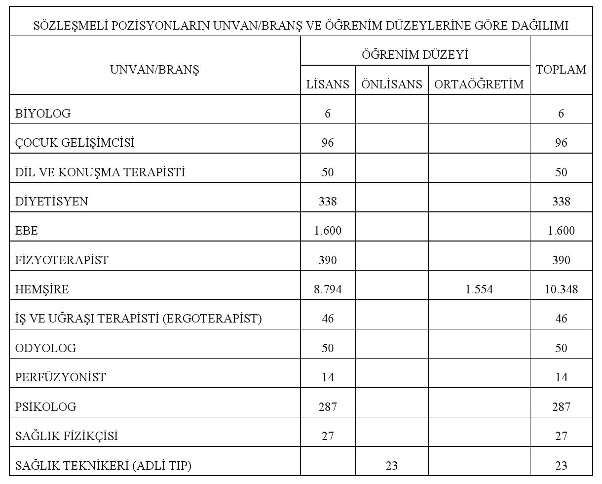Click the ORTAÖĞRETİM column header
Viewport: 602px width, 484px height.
point(479,84)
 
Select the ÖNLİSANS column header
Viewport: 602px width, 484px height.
point(392,84)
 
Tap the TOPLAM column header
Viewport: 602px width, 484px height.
point(561,70)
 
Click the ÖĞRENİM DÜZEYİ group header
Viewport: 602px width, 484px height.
point(415,54)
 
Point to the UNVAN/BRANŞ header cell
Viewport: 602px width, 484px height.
point(154,70)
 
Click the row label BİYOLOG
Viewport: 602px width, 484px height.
point(43,114)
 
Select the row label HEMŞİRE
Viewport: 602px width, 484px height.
point(42,289)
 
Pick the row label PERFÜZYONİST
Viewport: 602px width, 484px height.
point(60,377)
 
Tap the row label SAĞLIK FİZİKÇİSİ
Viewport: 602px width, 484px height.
point(67,436)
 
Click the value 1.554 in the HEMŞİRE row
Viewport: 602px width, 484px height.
point(479,289)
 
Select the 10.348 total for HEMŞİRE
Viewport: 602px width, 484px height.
point(561,289)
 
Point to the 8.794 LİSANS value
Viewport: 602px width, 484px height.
point(328,289)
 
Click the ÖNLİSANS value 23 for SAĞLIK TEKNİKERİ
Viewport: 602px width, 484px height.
point(392,465)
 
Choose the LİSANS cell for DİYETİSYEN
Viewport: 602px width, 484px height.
point(328,202)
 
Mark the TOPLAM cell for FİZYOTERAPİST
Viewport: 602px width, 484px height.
point(561,260)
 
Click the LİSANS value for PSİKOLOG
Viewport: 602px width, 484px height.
point(328,407)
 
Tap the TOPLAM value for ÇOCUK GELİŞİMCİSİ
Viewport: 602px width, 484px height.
point(561,143)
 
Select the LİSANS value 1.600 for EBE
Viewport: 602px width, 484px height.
point(328,231)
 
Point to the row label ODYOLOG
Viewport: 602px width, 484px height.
point(46,348)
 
